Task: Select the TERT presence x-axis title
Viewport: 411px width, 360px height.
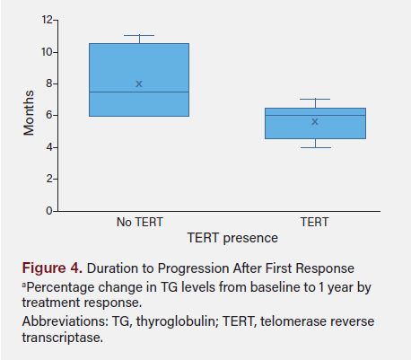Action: tap(232, 238)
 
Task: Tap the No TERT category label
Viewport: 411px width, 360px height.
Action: tap(139, 222)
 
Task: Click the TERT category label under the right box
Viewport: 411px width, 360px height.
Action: tap(314, 222)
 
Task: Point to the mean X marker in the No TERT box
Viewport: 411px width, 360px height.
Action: tap(139, 83)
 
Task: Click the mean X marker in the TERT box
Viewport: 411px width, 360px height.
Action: tap(314, 121)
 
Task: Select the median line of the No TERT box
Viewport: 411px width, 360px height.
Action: tap(139, 92)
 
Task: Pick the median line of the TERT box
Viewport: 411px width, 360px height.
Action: tap(314, 115)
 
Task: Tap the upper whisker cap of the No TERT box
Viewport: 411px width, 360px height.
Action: tap(139, 36)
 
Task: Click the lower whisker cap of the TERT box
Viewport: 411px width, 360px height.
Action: tap(314, 147)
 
